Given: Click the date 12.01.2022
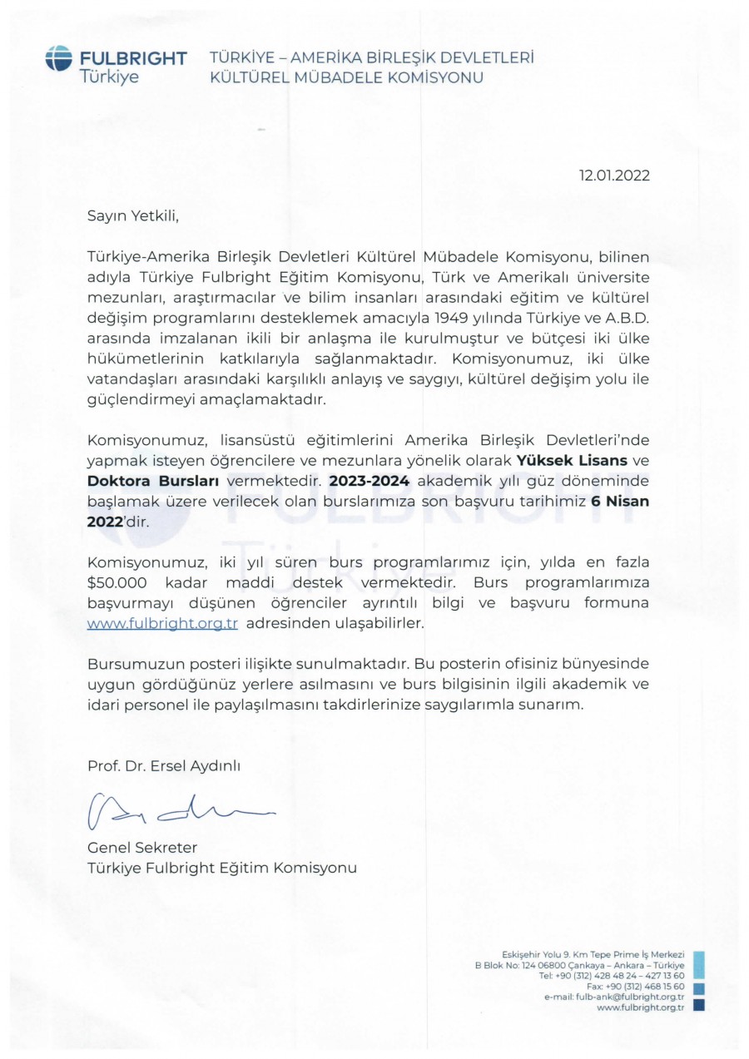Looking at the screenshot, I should pyautogui.click(x=615, y=176).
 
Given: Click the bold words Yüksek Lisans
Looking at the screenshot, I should pyautogui.click(x=572, y=459).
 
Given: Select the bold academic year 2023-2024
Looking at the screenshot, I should pyautogui.click(x=370, y=481).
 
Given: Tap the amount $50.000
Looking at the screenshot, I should pyautogui.click(x=117, y=581).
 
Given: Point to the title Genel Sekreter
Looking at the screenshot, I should pyautogui.click(x=142, y=848).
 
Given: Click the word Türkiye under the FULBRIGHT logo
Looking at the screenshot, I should pyautogui.click(x=109, y=77).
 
